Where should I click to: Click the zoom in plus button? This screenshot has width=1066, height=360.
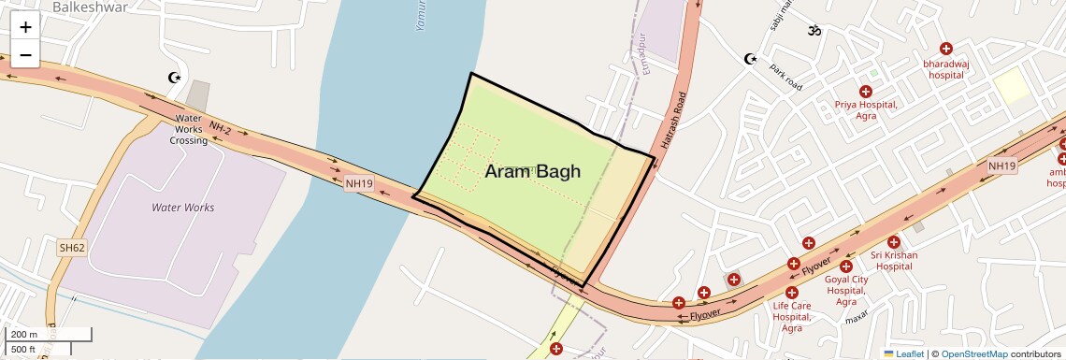25,27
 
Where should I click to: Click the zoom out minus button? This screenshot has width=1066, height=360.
25,55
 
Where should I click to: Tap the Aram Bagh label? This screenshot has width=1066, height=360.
532,171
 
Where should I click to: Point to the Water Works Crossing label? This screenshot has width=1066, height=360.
188,129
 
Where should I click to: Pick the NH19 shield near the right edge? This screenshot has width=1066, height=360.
1001,166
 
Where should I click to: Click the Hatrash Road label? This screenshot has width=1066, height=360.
673,122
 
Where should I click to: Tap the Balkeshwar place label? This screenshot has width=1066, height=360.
90,7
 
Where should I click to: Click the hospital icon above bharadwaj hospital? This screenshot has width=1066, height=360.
945,49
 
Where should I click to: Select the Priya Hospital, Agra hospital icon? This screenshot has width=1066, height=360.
865,92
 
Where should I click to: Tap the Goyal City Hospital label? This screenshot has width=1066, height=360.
846,290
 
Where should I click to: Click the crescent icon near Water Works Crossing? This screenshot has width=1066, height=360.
172,78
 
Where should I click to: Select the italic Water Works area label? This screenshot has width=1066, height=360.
183,208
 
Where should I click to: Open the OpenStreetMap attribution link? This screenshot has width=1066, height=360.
973,354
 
